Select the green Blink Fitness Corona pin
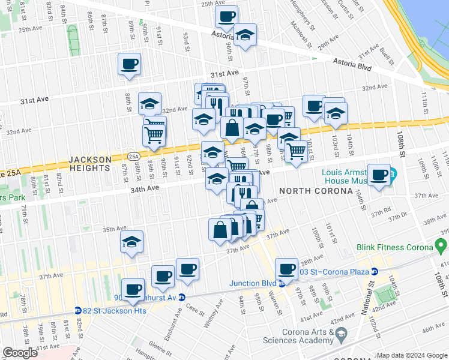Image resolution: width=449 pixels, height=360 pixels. click(442, 245)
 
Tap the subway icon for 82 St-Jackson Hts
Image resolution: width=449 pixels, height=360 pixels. click(78, 310)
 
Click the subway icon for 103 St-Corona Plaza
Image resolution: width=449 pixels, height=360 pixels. click(375, 272)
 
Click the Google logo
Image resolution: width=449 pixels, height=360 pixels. click(20, 353)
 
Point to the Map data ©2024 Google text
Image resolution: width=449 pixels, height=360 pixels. click(412, 355)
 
